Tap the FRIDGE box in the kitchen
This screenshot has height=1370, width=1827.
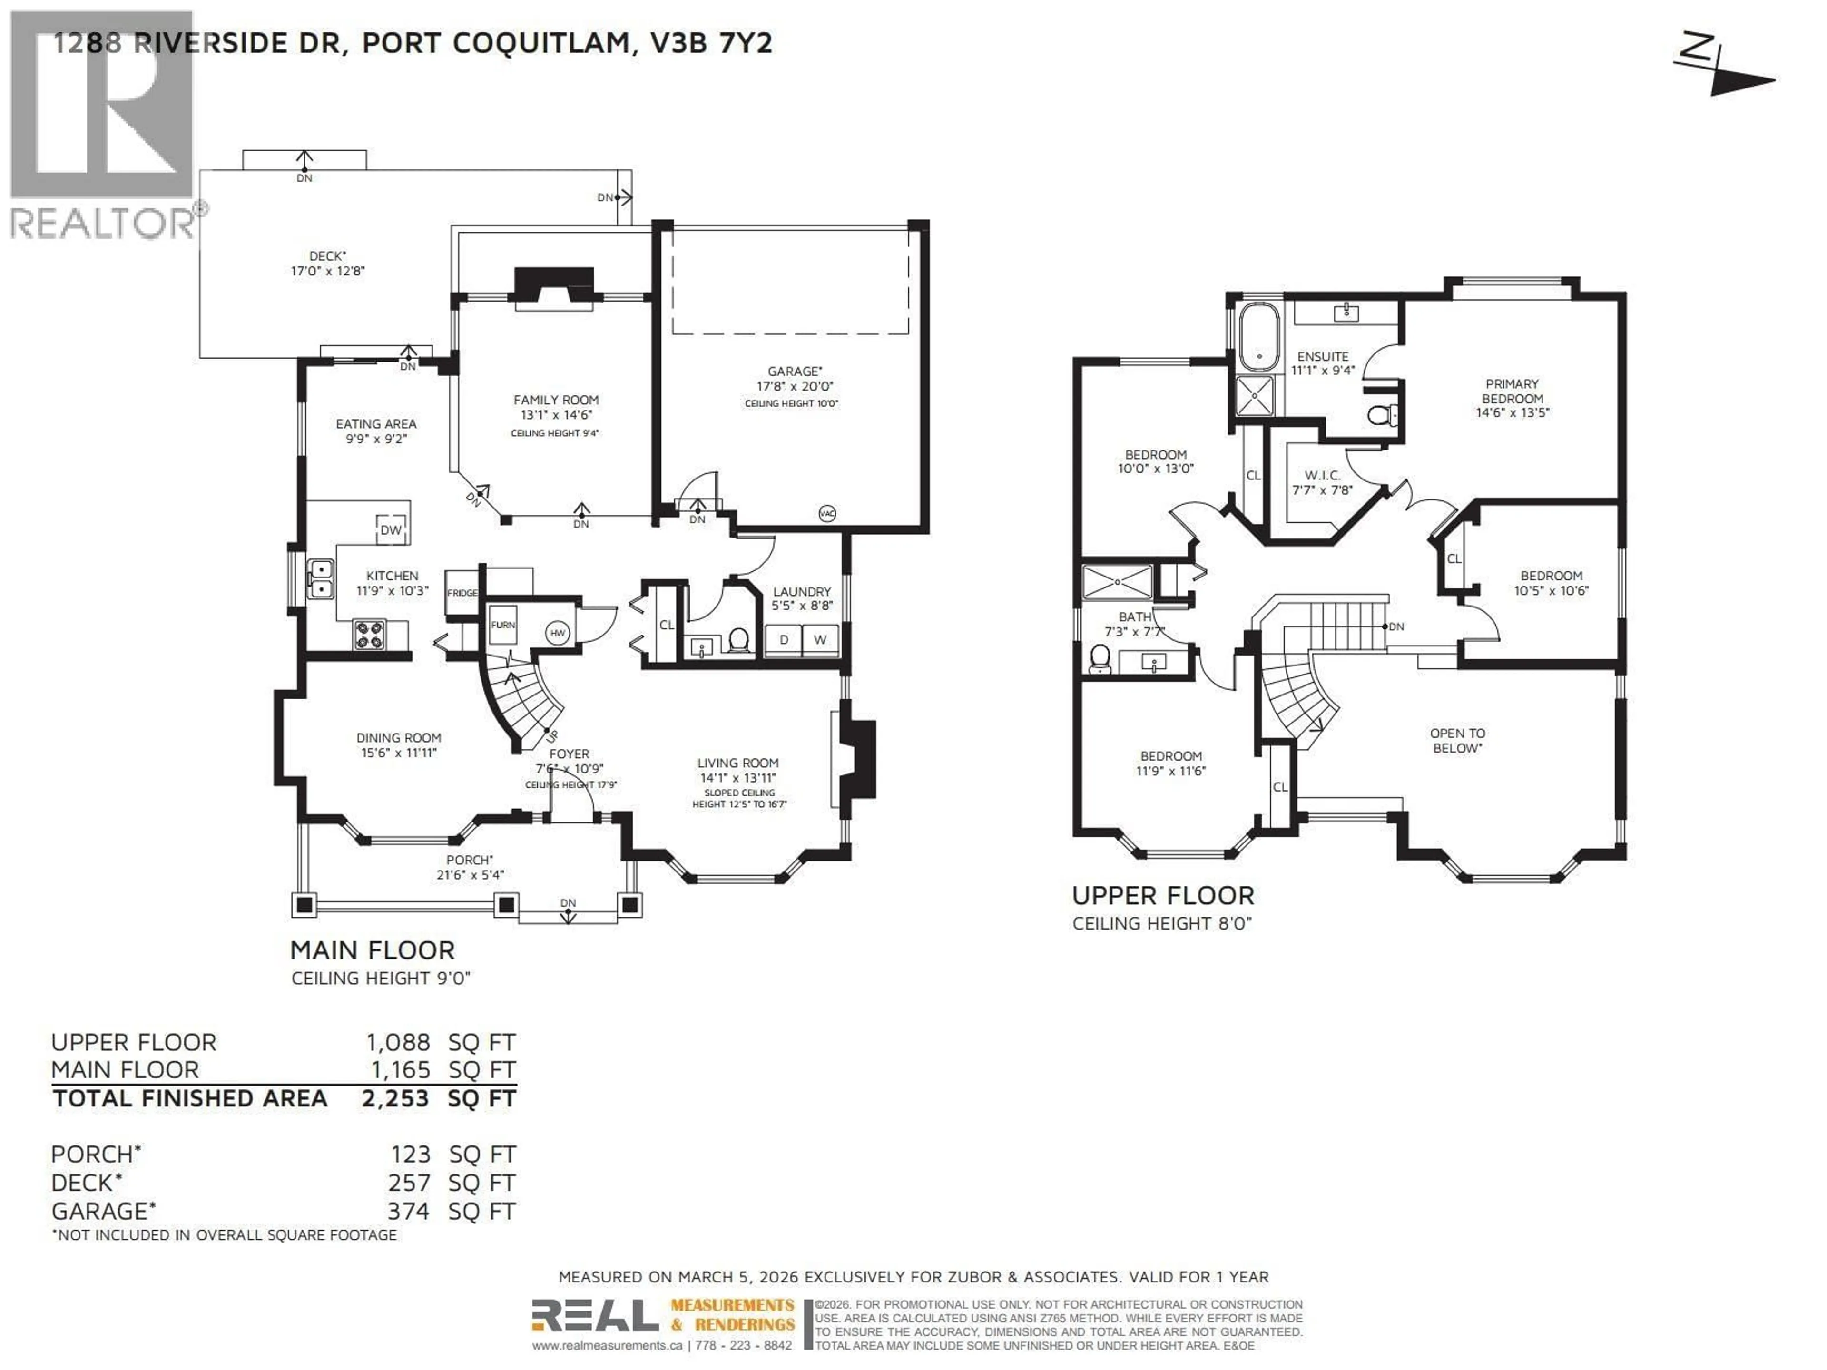462,592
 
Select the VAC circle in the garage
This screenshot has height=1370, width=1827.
827,514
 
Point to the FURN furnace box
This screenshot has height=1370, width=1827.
503,625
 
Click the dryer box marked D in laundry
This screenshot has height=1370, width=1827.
783,640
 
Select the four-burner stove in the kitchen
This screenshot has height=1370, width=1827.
369,634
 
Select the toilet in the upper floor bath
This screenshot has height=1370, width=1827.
1100,658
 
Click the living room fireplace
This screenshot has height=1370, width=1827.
857,759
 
